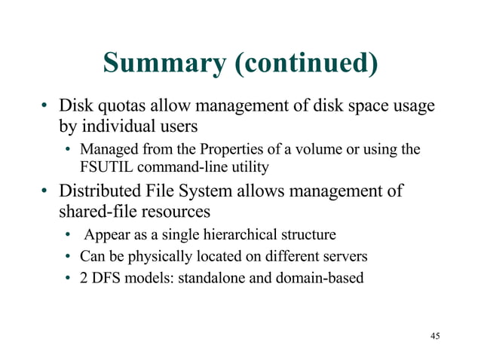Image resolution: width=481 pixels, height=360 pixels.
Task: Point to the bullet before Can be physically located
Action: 68,257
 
